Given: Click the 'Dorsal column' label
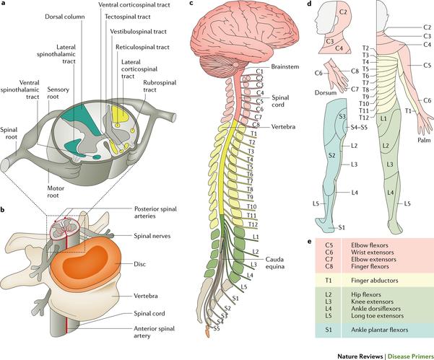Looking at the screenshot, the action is click(x=65, y=17).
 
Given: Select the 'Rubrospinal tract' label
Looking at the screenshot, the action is click(x=160, y=86).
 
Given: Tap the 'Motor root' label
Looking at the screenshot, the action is click(x=56, y=192).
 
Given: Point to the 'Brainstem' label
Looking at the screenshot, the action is click(x=285, y=66).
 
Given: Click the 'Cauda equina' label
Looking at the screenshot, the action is click(x=275, y=263).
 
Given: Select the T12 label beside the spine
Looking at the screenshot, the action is click(x=253, y=224).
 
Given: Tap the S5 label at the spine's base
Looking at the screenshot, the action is click(x=217, y=328).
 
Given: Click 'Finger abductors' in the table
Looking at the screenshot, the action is click(x=375, y=281).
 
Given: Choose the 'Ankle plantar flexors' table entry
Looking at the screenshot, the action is click(x=379, y=330).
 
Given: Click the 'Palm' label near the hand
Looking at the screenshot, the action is click(x=424, y=140).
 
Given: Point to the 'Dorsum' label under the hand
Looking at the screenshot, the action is click(x=326, y=92).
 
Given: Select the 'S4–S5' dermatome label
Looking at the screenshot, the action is click(x=359, y=128).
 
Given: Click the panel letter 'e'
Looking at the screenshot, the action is click(x=310, y=242).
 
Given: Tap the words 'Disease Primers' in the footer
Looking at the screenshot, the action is click(x=411, y=356).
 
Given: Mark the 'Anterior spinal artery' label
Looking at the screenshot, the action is click(x=154, y=332).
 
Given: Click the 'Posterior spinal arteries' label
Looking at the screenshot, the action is click(x=155, y=212).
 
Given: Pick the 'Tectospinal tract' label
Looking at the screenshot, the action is click(x=128, y=17).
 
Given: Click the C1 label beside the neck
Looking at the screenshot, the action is click(x=260, y=71).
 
